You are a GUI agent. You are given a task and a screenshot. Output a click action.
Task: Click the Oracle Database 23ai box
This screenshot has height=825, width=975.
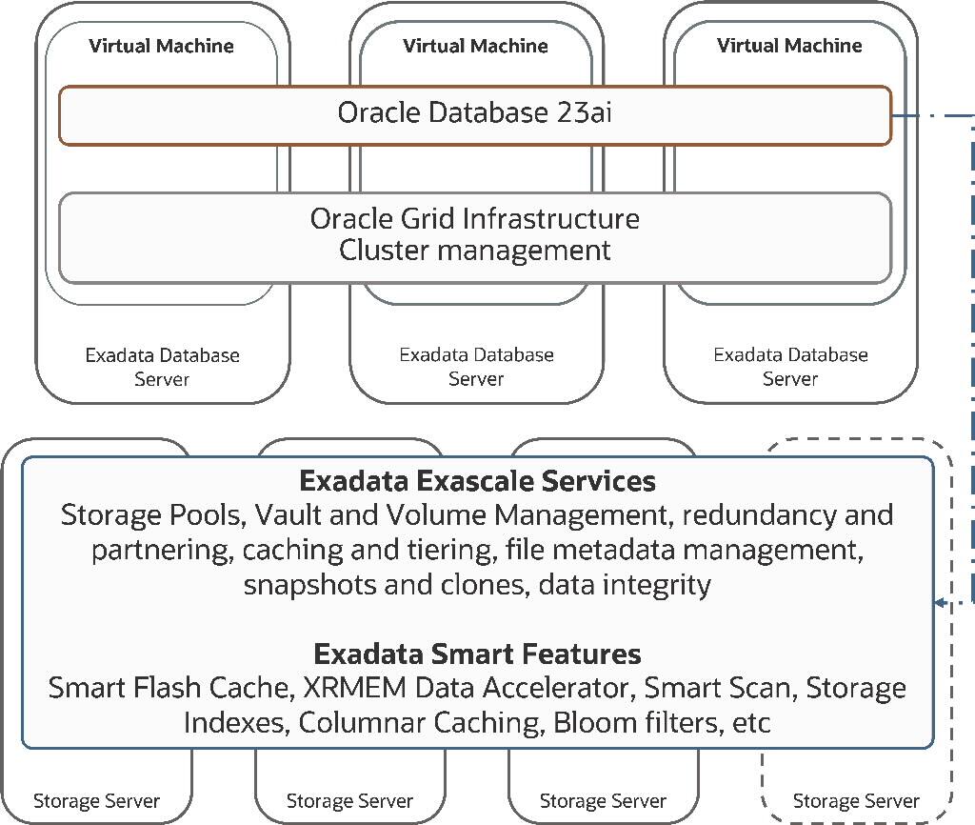pos(475,115)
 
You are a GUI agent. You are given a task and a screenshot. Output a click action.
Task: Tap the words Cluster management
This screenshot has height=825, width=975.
pos(475,251)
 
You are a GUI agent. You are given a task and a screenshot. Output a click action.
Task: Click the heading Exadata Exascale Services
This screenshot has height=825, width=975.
pos(477,480)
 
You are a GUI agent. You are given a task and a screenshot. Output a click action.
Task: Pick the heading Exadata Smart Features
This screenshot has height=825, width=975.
pos(477,654)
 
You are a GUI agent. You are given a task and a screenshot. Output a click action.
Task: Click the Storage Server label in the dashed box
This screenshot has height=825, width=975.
pos(856,801)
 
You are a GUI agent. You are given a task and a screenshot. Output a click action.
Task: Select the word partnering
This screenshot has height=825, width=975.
pos(161,551)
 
